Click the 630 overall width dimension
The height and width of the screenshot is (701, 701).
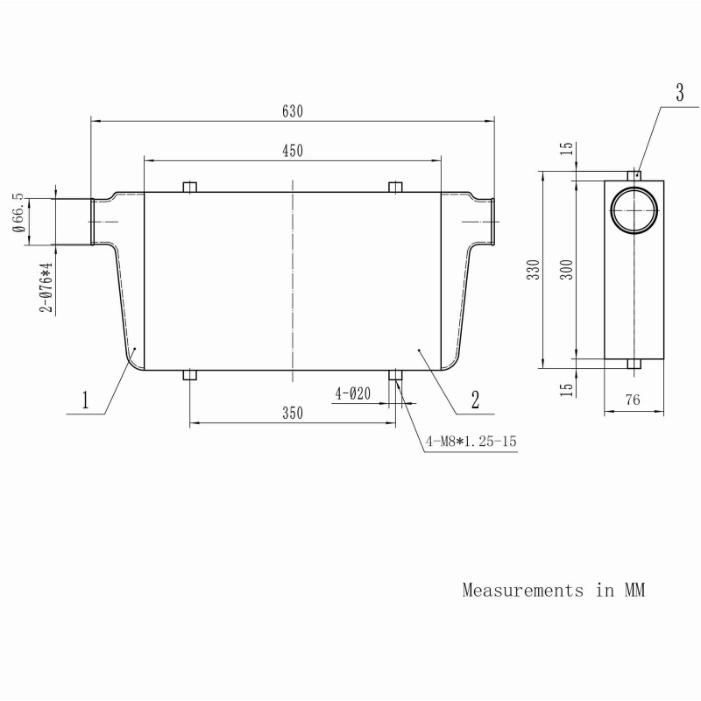coord(293,111)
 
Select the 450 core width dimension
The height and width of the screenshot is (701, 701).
coord(293,151)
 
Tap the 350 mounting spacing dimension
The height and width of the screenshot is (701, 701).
coord(293,413)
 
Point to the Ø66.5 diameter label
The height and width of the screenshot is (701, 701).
coord(18,213)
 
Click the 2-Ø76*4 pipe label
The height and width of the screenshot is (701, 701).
coord(46,287)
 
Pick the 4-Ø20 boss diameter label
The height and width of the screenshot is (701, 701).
coord(353,393)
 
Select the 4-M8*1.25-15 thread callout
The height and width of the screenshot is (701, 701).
coord(471,442)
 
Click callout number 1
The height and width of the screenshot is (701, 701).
coord(85,400)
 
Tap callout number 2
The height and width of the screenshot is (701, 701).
coord(475,400)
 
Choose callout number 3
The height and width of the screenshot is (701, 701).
coord(680,93)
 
